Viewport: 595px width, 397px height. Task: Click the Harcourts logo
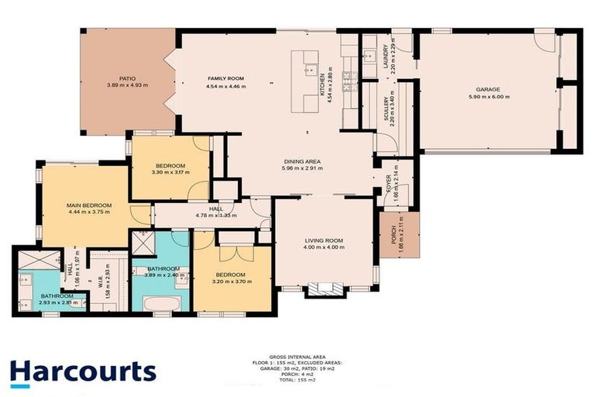tap(83, 374)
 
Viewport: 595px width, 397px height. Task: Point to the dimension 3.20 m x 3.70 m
tap(232, 282)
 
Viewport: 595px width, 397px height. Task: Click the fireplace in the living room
tap(324, 291)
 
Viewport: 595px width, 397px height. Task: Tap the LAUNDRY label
tap(385, 57)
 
